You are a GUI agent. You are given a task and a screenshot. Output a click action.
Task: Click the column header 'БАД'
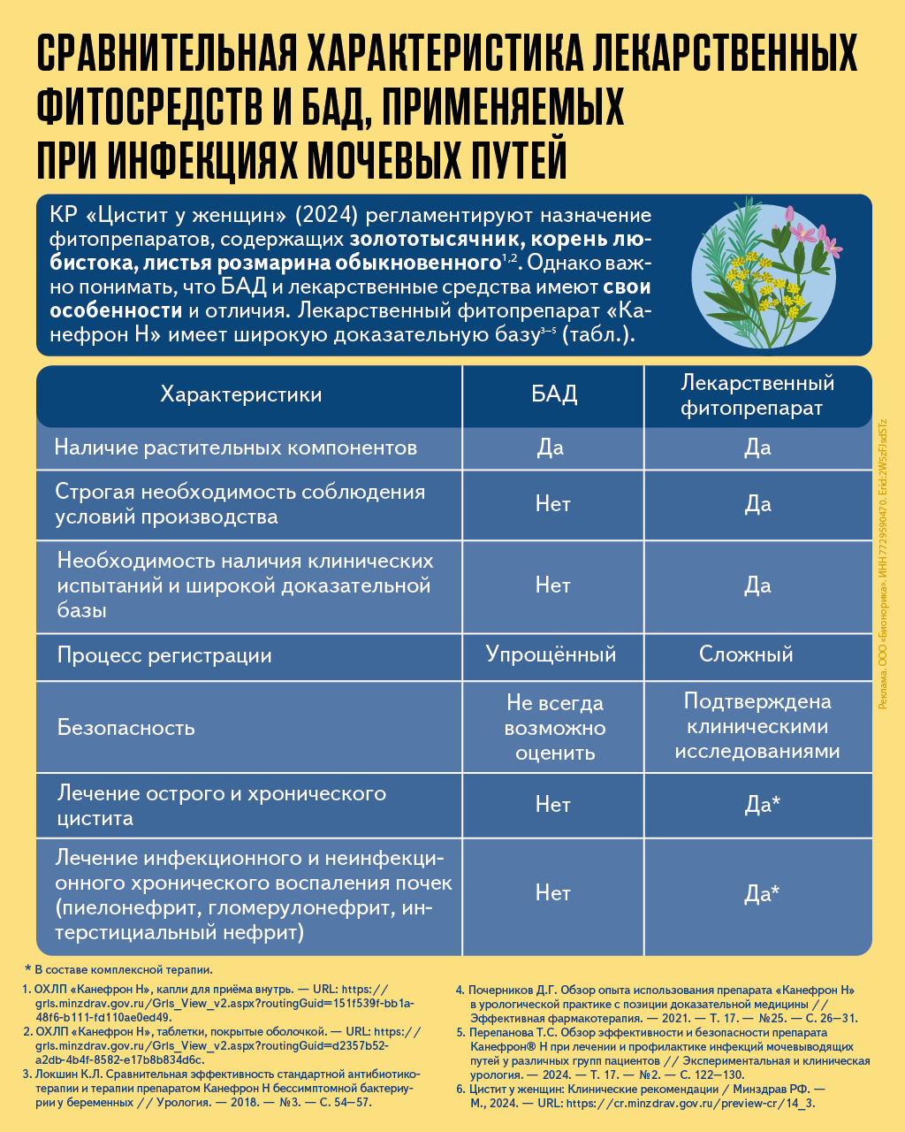click(553, 394)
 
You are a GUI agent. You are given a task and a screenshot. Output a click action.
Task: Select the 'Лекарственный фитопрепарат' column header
click(757, 395)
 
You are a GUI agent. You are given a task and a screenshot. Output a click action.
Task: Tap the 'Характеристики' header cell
click(240, 394)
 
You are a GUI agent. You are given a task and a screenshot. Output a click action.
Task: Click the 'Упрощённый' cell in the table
click(551, 654)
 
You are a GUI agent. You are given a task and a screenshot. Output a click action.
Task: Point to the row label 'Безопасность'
click(126, 728)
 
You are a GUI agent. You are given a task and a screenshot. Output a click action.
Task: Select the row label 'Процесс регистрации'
click(164, 655)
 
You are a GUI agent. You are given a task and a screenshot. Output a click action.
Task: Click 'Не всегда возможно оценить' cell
click(554, 728)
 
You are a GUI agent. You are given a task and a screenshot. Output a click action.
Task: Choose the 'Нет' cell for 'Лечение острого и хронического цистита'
click(553, 805)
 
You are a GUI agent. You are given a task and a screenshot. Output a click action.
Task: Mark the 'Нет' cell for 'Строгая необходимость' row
click(553, 504)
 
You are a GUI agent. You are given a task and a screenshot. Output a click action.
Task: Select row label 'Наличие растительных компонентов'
click(235, 447)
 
